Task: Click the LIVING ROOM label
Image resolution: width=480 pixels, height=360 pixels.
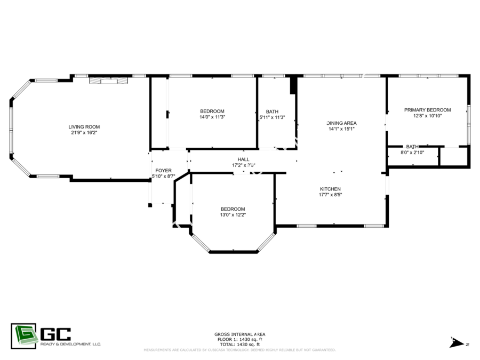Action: click(x=84, y=127)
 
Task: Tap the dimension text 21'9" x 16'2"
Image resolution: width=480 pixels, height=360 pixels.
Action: click(x=84, y=132)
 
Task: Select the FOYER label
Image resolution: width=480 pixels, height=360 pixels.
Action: click(x=164, y=171)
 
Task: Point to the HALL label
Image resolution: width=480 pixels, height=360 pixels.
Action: click(x=244, y=159)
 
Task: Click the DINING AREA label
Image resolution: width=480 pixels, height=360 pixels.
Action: click(x=341, y=123)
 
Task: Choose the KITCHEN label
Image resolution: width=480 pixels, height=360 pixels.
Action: click(x=330, y=189)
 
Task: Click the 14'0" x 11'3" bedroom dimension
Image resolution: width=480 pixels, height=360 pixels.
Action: click(x=212, y=117)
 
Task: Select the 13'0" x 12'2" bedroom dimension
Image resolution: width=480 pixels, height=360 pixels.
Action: click(x=233, y=215)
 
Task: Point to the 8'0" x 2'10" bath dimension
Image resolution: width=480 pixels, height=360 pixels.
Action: click(x=412, y=153)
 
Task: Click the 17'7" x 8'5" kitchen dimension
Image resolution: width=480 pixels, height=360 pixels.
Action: click(x=330, y=195)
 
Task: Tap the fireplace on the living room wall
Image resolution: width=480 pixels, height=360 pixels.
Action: click(x=108, y=81)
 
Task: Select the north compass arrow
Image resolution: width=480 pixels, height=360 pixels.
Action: click(x=457, y=343)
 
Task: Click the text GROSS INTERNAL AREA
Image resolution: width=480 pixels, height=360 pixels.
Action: click(x=239, y=334)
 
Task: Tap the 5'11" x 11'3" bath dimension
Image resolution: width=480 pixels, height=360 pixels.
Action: click(x=272, y=117)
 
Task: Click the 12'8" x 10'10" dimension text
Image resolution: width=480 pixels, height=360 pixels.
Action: click(x=427, y=115)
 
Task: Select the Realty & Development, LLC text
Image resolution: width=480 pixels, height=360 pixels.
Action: click(x=70, y=345)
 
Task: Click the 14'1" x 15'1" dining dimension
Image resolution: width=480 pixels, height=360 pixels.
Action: click(x=341, y=129)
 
